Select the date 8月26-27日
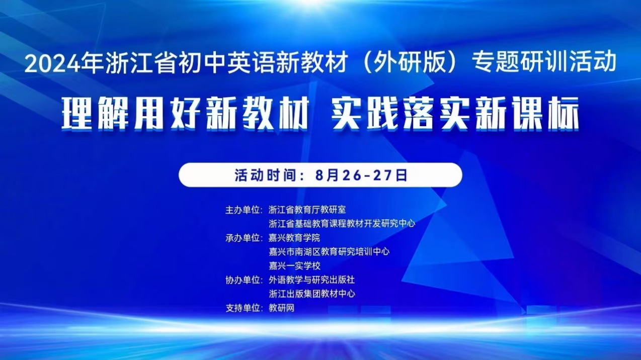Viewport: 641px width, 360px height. (x=361, y=175)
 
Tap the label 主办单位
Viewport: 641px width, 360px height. (x=243, y=210)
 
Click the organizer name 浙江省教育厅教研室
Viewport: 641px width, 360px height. (x=307, y=210)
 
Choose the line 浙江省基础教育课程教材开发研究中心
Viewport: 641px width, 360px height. (x=342, y=224)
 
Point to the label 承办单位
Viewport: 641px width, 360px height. (x=243, y=238)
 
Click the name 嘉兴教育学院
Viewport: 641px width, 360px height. (x=294, y=238)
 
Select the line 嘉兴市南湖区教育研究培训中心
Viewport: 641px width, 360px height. (x=329, y=252)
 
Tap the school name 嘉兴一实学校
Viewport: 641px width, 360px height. (x=294, y=266)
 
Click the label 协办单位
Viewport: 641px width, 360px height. (x=243, y=280)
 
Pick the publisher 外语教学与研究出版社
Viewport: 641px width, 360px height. (x=311, y=280)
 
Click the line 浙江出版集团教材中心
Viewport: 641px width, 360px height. (x=311, y=294)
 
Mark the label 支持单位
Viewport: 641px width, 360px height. (x=243, y=308)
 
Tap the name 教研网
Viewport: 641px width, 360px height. (x=281, y=308)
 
